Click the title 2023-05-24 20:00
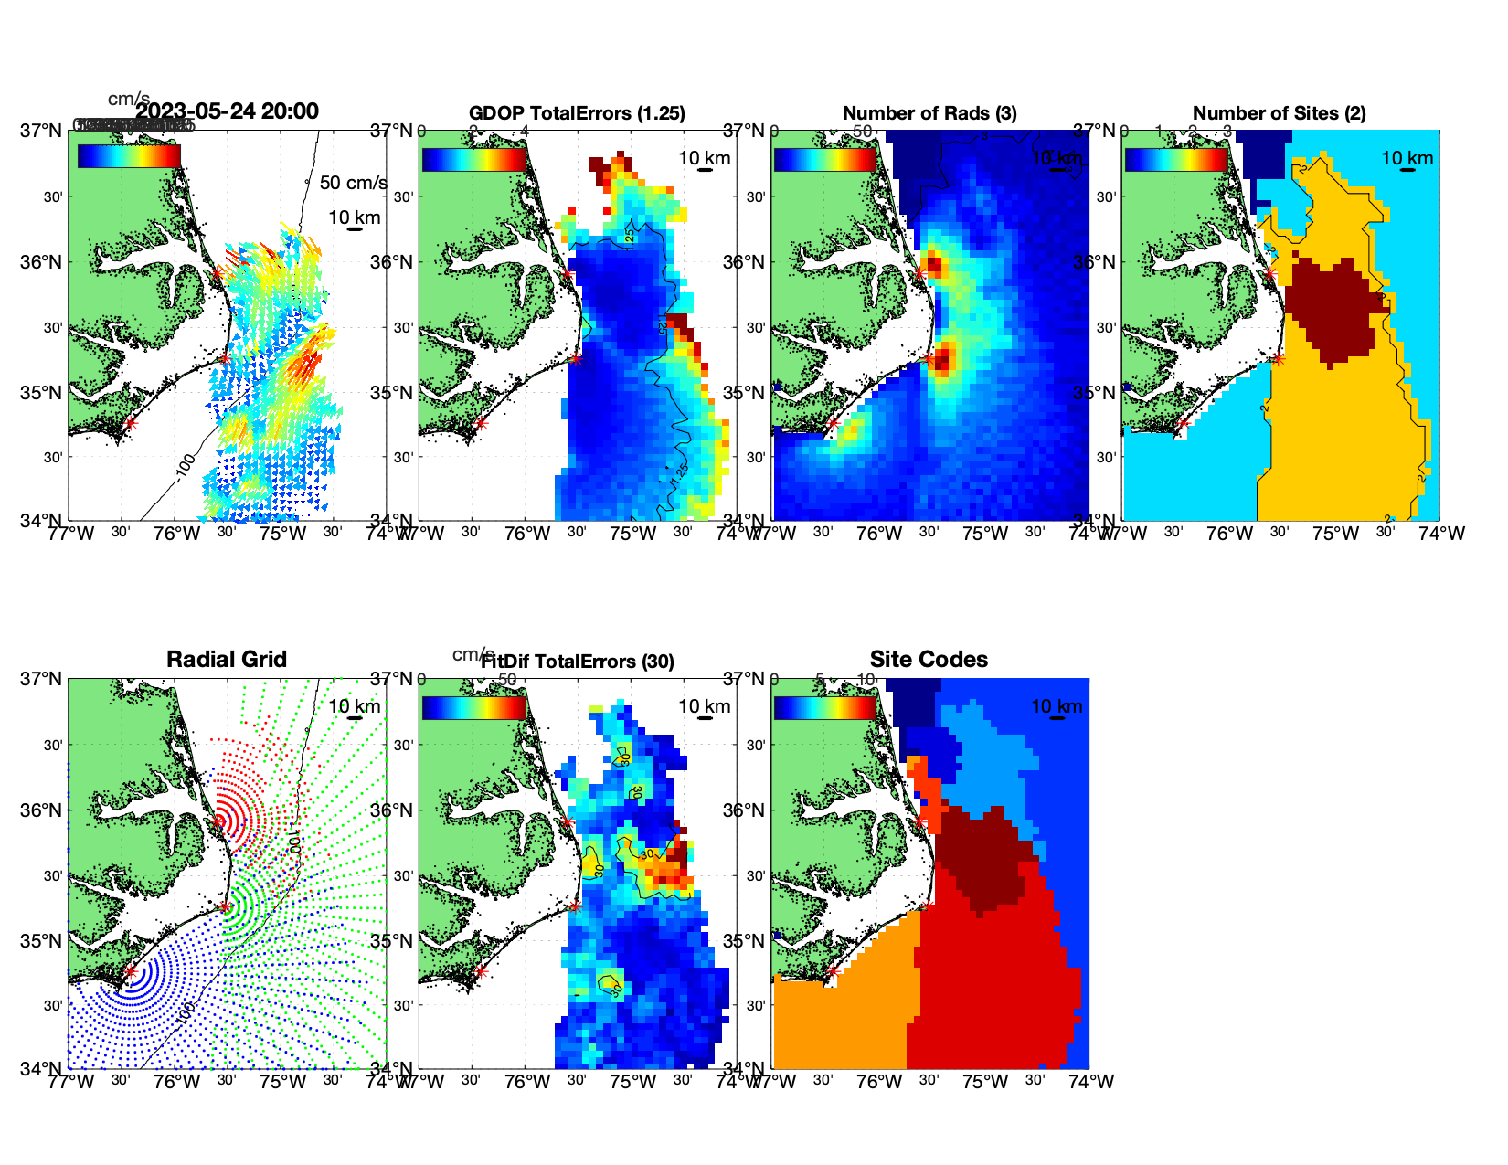tap(227, 111)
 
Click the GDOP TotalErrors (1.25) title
tap(577, 113)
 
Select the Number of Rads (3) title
tap(929, 113)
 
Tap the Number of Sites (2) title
tap(1279, 113)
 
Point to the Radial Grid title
tap(227, 660)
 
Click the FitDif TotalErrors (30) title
tap(578, 662)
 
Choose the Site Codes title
tap(929, 660)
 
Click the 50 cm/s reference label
tap(353, 183)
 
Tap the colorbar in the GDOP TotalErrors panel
tap(474, 159)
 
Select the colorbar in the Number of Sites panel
tap(1176, 159)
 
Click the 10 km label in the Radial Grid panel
tap(355, 706)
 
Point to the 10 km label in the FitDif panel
tap(705, 706)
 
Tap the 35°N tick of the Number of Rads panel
tap(745, 393)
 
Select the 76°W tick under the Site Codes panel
tap(879, 1082)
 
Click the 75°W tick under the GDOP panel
tap(633, 534)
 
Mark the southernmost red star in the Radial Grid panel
tap(130, 971)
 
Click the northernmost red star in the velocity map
tap(218, 273)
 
